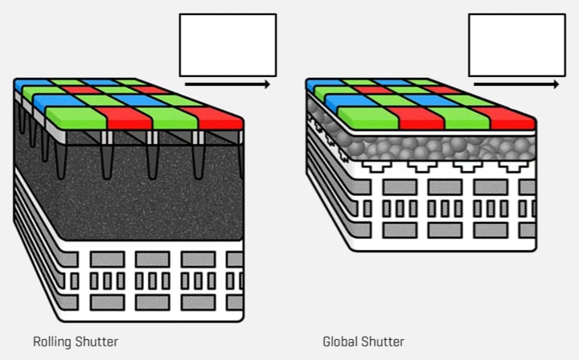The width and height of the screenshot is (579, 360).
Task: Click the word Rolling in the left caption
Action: pos(51,342)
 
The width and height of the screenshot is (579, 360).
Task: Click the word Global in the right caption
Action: pos(339,342)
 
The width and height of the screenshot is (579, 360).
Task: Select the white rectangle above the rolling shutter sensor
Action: pos(228,44)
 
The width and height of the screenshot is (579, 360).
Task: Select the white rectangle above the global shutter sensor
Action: pos(517,44)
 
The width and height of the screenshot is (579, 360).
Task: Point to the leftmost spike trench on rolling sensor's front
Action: pos(61,157)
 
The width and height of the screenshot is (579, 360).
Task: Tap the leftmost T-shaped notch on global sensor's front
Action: pos(372,166)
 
